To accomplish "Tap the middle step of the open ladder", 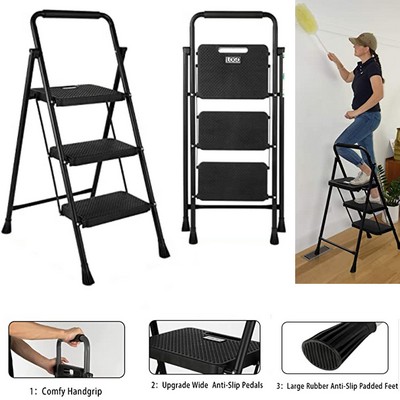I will click(93, 151).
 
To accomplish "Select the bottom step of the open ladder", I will click(105, 209).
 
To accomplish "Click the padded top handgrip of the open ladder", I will click(69, 17).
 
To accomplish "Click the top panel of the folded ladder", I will click(232, 72).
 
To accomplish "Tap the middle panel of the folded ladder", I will click(232, 130).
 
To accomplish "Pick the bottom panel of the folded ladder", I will click(232, 181).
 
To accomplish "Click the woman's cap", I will click(362, 40).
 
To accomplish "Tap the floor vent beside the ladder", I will click(313, 255).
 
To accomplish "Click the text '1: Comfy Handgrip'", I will click(64, 389).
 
